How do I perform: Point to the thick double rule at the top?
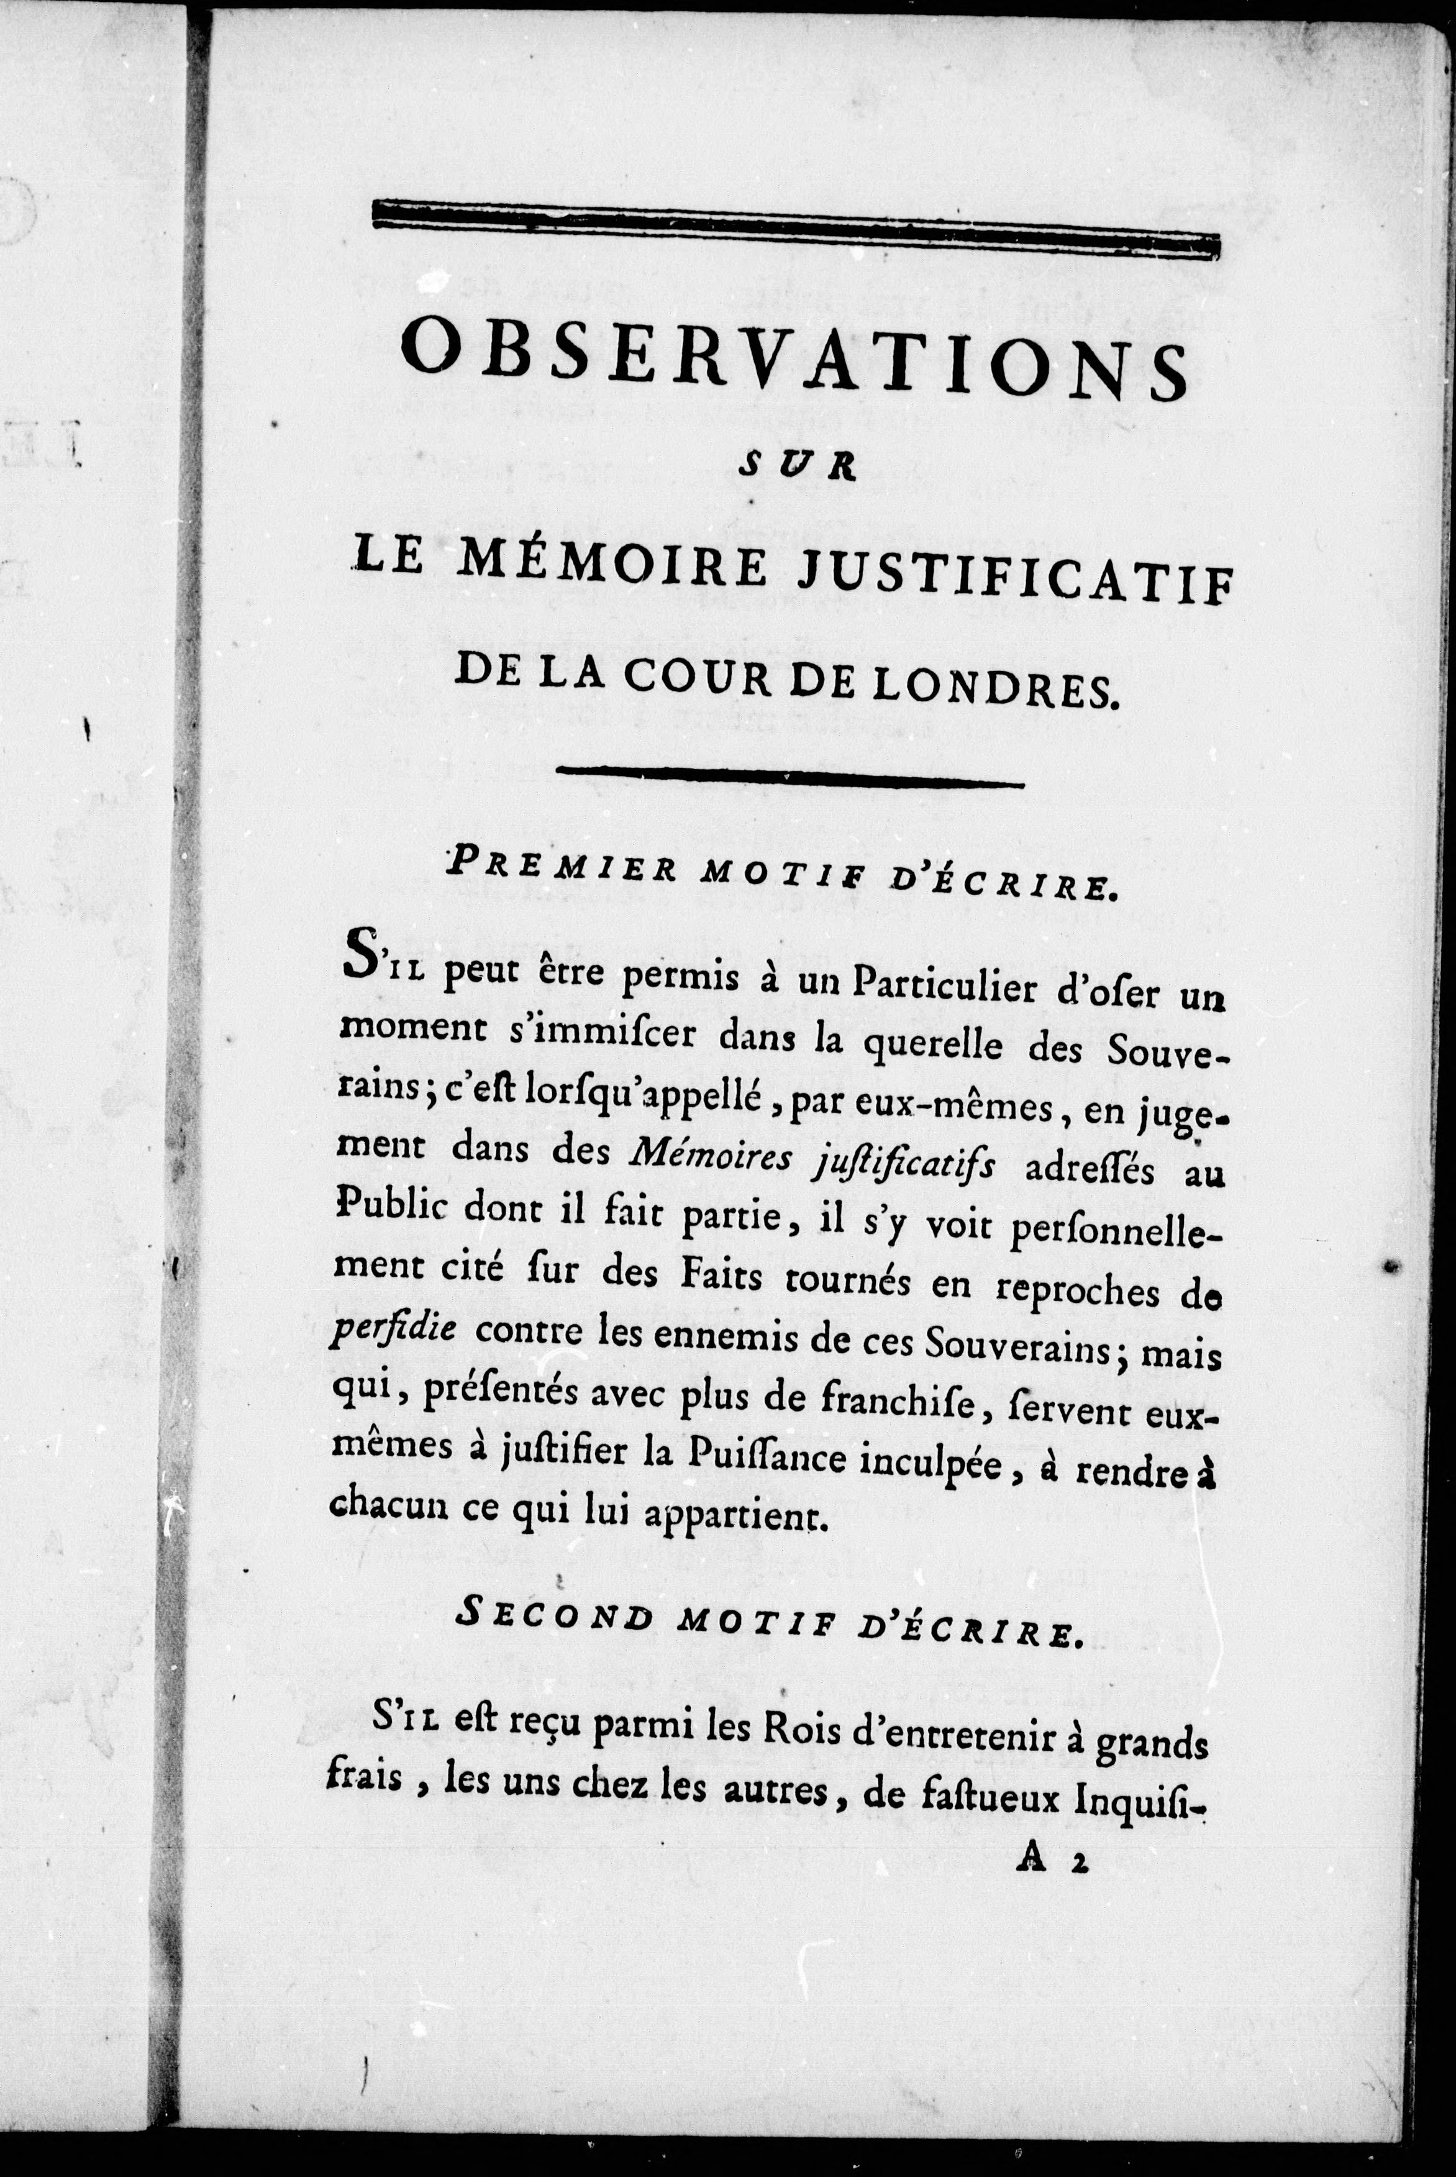point(795,227)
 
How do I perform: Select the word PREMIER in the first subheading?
point(557,869)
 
